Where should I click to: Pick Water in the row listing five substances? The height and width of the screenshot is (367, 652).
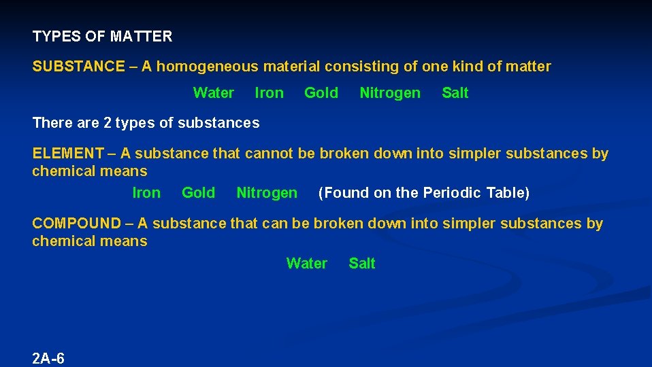pos(213,93)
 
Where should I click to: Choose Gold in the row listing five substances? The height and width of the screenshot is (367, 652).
pos(321,93)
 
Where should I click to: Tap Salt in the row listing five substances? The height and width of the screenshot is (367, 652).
pos(455,93)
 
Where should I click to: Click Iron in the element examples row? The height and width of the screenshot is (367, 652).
pos(146,193)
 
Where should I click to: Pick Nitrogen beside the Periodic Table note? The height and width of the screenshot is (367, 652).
pos(266,193)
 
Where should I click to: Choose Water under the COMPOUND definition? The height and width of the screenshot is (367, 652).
pos(306,264)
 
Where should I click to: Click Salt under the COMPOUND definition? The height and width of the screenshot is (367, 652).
pos(361,264)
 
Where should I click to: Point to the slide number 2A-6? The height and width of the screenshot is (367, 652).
pos(48,358)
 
